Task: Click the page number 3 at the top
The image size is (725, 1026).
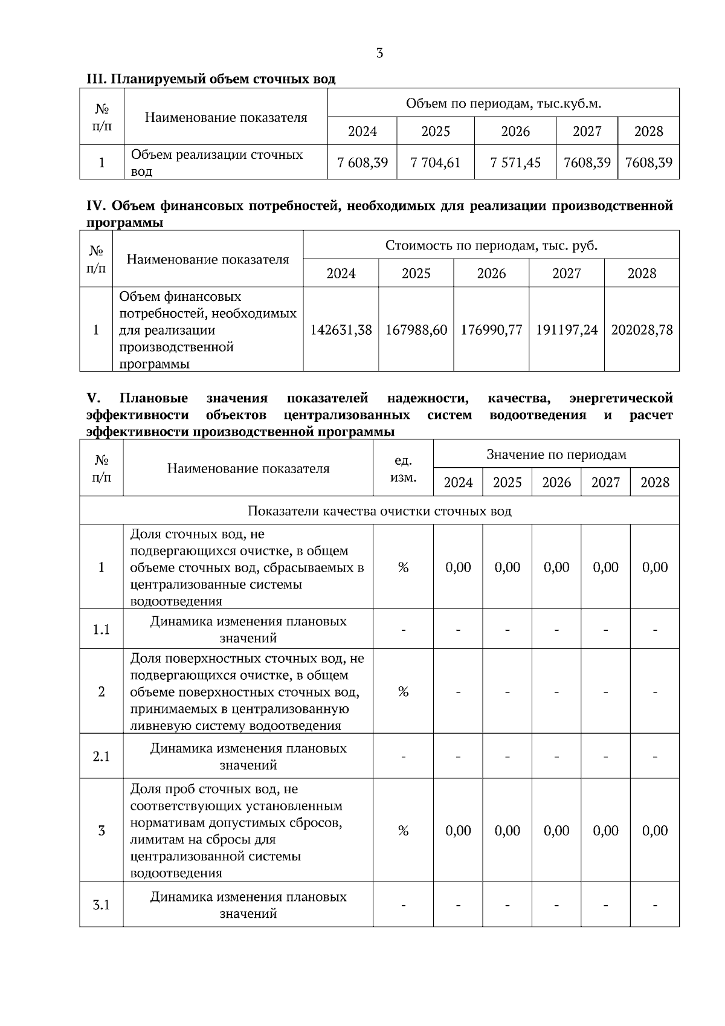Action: (x=379, y=53)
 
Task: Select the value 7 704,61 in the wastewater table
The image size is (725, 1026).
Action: (x=435, y=163)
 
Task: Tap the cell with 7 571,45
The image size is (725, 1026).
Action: (x=515, y=163)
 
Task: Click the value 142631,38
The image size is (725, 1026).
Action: (x=341, y=330)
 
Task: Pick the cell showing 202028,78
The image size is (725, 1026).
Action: (x=642, y=330)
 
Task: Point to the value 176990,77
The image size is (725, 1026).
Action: (x=491, y=330)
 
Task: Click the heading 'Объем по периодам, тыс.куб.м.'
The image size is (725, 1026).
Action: (x=503, y=103)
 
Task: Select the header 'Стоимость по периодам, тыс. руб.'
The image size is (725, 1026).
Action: (x=491, y=245)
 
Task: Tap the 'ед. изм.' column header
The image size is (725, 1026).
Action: (x=403, y=469)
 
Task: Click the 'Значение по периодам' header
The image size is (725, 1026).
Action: (x=556, y=454)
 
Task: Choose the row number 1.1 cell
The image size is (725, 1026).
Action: (x=101, y=630)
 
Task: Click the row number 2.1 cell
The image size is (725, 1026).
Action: (x=101, y=757)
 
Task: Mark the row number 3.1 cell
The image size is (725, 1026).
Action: (x=101, y=905)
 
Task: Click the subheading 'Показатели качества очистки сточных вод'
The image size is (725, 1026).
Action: (x=379, y=511)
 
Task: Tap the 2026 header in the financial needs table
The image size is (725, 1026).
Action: (x=491, y=273)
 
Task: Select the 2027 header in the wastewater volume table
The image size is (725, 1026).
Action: (x=587, y=131)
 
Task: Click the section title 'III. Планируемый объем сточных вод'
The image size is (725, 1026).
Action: (x=211, y=79)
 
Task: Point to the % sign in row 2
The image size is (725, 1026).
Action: (x=403, y=692)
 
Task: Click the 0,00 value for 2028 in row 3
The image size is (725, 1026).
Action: (x=655, y=831)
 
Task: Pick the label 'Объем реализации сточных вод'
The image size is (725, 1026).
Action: (x=217, y=163)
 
